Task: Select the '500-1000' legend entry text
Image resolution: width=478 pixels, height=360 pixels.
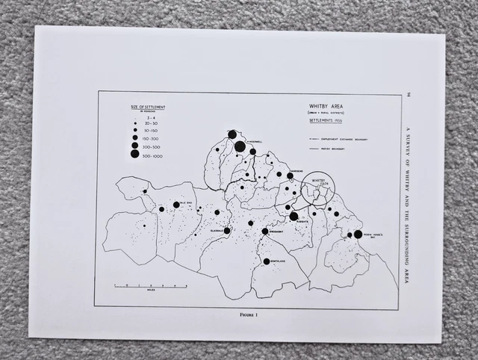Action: (154, 155)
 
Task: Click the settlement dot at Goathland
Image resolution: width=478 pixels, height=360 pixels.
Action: (266, 261)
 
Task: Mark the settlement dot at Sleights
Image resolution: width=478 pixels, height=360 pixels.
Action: (294, 216)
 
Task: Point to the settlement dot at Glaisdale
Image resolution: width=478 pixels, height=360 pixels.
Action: (228, 231)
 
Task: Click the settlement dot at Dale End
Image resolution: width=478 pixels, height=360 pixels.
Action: (176, 204)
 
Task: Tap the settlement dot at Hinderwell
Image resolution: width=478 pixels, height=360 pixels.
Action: (240, 146)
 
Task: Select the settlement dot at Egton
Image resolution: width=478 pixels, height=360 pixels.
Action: (264, 232)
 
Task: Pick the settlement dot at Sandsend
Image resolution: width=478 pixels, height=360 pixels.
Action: (290, 176)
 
